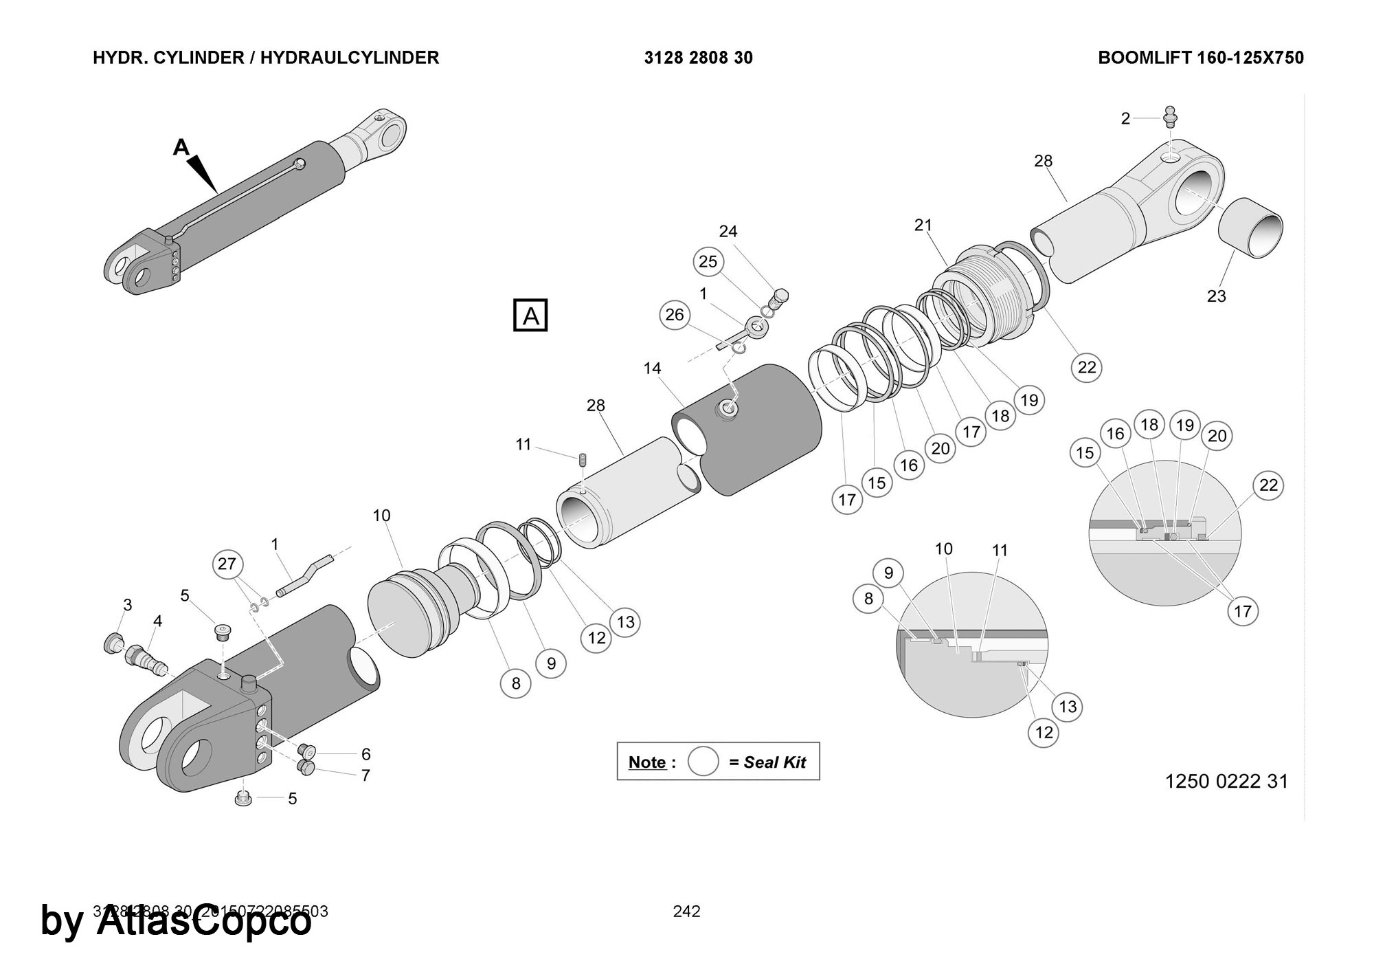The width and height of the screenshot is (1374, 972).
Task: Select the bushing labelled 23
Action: click(1251, 228)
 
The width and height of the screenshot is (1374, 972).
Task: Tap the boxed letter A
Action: click(530, 316)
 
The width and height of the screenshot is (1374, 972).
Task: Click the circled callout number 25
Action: click(708, 261)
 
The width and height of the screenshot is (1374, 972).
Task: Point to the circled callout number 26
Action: click(675, 314)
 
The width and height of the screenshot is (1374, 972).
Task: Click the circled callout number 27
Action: click(227, 564)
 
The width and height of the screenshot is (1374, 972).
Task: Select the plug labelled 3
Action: click(111, 644)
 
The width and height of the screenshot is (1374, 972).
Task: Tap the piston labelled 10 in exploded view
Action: click(412, 611)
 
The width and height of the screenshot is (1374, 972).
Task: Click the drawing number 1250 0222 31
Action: click(1226, 782)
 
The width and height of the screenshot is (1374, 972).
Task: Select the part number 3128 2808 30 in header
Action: click(698, 58)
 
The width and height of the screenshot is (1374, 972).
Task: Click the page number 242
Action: click(686, 912)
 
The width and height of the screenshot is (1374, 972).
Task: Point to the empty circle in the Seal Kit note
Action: click(703, 762)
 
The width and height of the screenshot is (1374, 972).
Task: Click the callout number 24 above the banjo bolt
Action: click(728, 231)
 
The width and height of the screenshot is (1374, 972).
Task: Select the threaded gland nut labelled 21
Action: click(982, 296)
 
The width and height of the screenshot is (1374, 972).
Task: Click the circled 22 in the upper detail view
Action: click(1268, 485)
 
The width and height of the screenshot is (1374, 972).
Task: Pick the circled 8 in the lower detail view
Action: click(868, 599)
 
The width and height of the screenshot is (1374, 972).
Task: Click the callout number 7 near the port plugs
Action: click(365, 775)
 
